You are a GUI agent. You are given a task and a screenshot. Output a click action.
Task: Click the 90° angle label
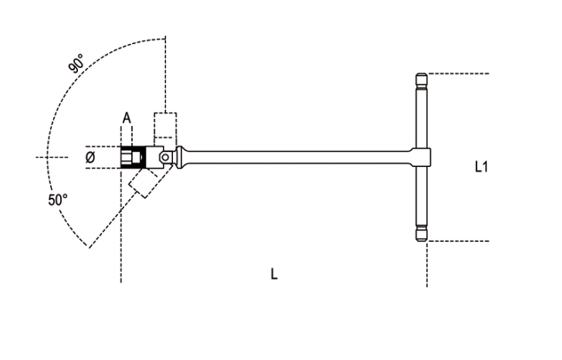76,63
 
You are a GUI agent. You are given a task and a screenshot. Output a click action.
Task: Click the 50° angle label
58,200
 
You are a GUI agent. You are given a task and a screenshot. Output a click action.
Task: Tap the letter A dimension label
127,117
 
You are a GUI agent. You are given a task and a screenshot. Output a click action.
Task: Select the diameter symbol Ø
90,157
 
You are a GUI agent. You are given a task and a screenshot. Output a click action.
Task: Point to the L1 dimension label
481,167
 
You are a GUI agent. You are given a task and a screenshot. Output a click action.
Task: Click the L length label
274,274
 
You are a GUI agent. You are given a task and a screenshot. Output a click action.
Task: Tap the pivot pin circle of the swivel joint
165,157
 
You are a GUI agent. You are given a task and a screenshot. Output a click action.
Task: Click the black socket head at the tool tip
133,157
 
